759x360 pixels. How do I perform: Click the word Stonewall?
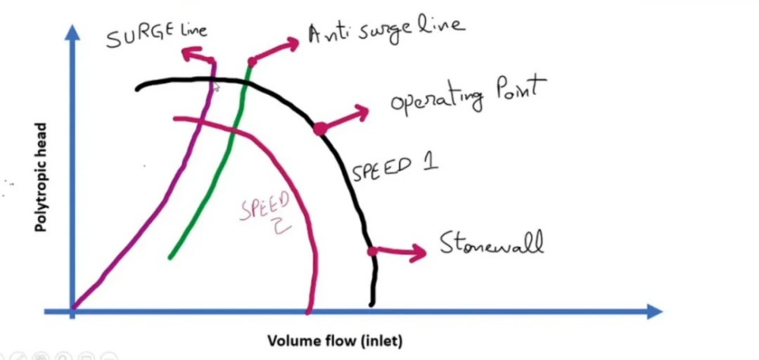coord(492,244)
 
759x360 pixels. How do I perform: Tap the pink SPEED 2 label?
coord(266,212)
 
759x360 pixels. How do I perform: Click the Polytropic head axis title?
coord(43,178)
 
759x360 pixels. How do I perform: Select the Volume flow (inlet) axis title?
coord(334,339)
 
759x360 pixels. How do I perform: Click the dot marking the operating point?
coord(320,128)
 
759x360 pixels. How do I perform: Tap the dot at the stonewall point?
coord(372,251)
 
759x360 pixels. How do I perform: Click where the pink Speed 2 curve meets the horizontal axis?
coord(308,310)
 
